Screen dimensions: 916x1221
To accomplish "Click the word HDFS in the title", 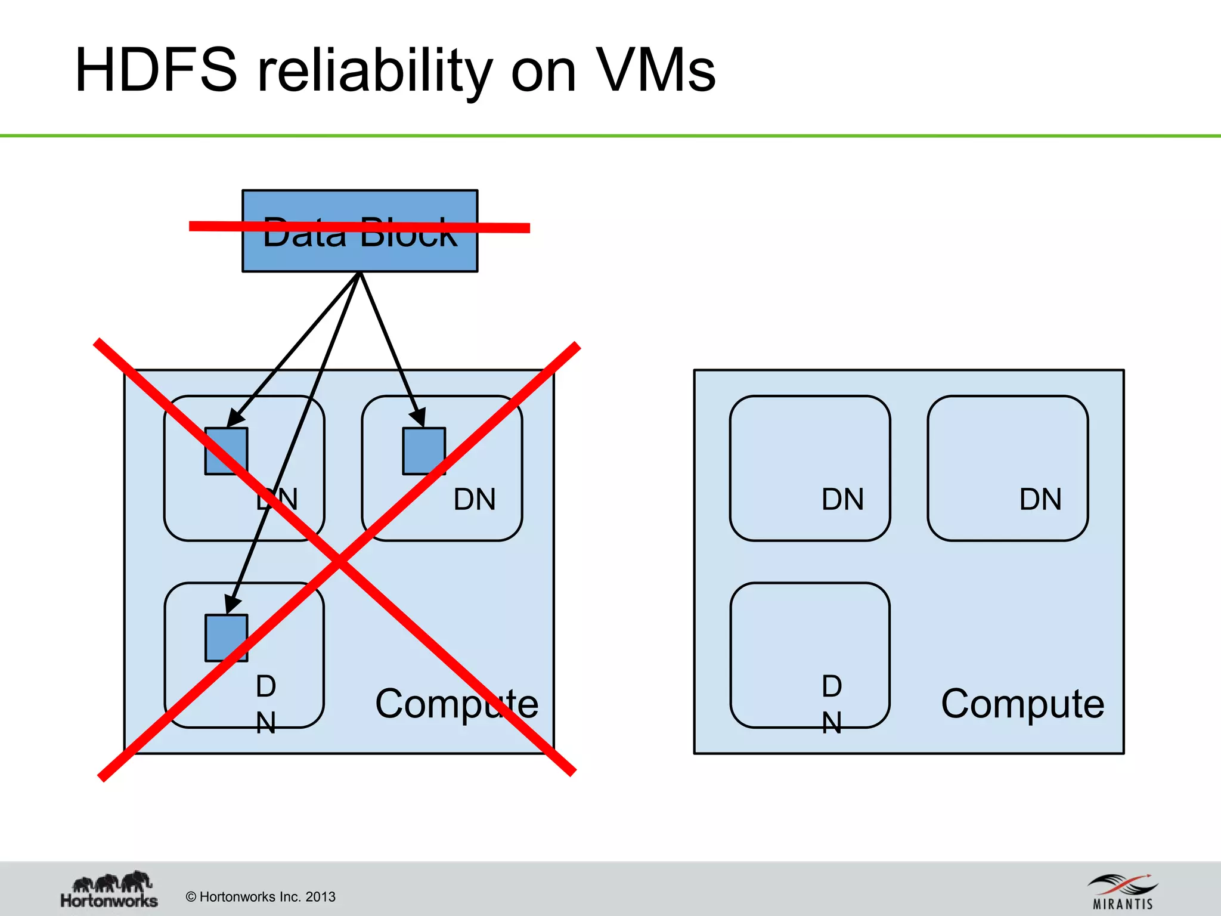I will [156, 70].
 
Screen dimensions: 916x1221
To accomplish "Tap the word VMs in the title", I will [656, 70].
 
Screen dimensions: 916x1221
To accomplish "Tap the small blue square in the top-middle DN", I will [424, 451].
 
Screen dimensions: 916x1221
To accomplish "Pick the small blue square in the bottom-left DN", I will [226, 638].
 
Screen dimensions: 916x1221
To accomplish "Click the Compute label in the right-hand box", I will [1022, 704].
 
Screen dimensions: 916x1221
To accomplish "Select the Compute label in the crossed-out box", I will [457, 704].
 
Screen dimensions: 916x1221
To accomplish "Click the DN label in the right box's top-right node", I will [1040, 499].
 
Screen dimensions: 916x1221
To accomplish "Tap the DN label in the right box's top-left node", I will [842, 499].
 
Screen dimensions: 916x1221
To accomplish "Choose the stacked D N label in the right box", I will [832, 704].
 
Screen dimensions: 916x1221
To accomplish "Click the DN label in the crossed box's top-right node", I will [475, 499].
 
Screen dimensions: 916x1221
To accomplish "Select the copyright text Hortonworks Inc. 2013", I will [261, 897].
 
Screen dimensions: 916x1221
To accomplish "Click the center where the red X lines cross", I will [339, 561].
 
